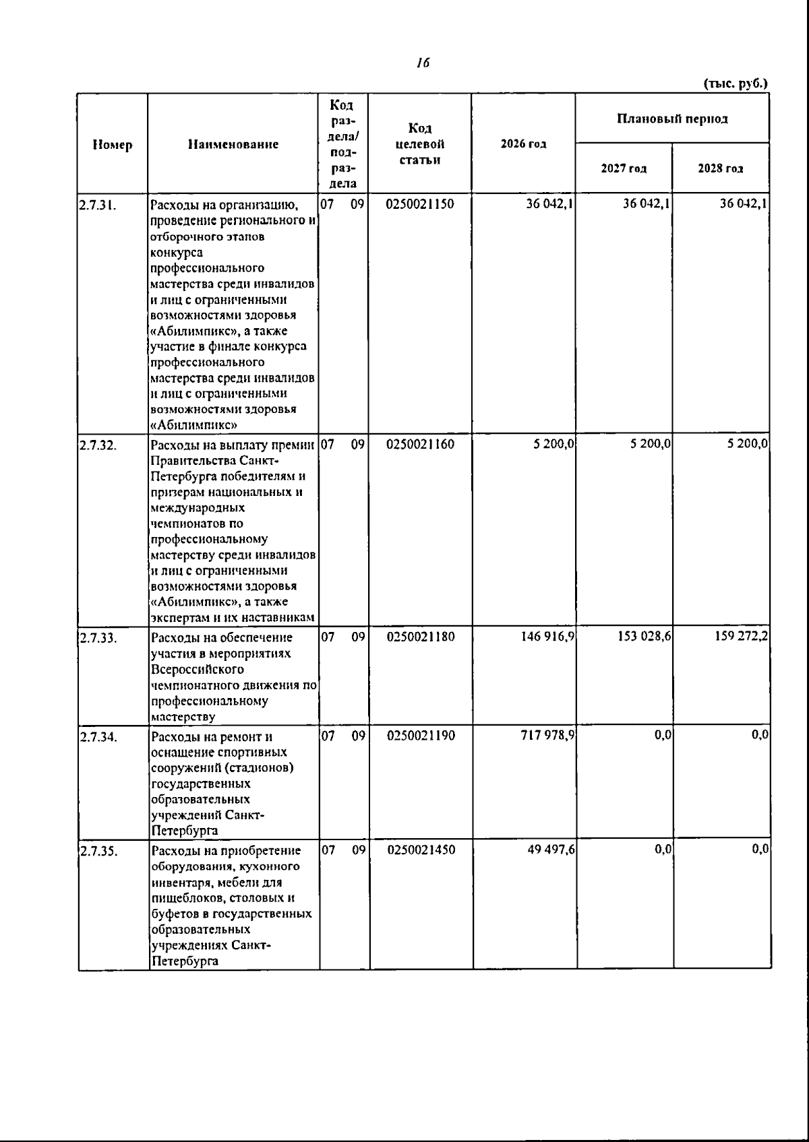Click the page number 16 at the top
pos(423,63)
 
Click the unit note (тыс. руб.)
pos(736,84)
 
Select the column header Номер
pos(113,144)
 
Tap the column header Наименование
pos(233,144)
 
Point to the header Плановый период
pos(672,119)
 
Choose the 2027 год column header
pos(624,168)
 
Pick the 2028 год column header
pos(721,168)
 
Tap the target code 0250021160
pos(421,444)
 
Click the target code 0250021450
pos(421,850)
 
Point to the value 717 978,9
pos(547,735)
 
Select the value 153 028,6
pos(644,636)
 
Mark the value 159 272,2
pos(742,636)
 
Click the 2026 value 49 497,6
pos(551,850)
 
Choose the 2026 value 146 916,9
pos(547,636)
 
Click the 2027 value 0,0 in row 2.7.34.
pos(663,735)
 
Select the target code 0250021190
pos(421,735)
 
